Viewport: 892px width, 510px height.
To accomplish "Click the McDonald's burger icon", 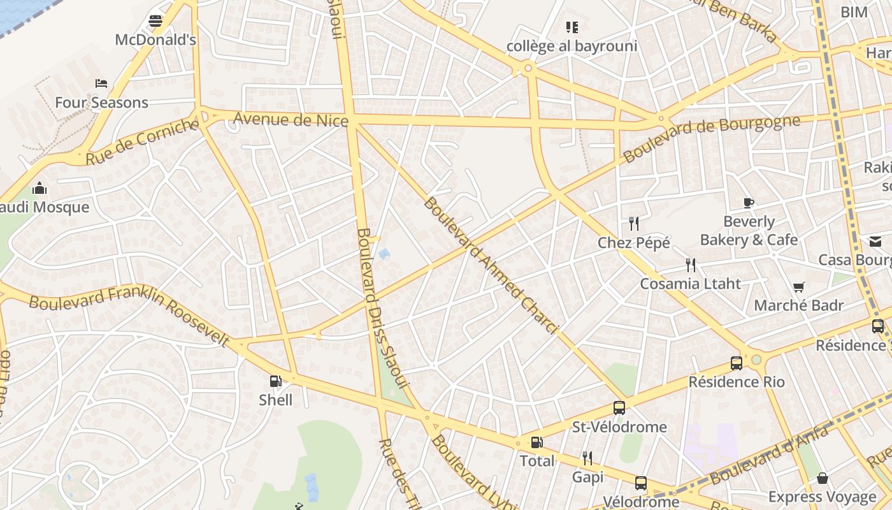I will tap(155, 21).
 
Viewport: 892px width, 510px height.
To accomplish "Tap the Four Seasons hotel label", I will tap(101, 103).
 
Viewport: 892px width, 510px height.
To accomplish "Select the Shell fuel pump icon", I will tap(276, 381).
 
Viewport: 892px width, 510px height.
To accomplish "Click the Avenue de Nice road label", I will tap(291, 119).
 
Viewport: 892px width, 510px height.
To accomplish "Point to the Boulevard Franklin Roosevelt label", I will tap(129, 315).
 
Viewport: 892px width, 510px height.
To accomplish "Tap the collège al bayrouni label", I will tap(572, 46).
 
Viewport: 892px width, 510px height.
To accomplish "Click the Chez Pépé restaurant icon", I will tap(633, 224).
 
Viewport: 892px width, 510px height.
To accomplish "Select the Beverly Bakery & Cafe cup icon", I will tap(749, 203).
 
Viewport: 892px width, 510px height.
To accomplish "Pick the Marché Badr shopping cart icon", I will tap(798, 287).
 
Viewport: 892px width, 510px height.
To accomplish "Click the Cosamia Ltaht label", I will tap(690, 284).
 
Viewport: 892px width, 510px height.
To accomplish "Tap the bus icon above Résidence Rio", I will tap(737, 363).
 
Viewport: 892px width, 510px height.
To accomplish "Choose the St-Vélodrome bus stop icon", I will tap(619, 408).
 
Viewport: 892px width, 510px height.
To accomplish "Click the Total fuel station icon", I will tap(537, 442).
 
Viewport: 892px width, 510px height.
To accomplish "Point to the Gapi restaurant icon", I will tap(587, 458).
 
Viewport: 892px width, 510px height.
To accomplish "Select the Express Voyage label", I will tap(822, 497).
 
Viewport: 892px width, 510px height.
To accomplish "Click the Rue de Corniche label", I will tap(142, 142).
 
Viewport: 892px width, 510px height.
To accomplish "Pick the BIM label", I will tap(854, 12).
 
